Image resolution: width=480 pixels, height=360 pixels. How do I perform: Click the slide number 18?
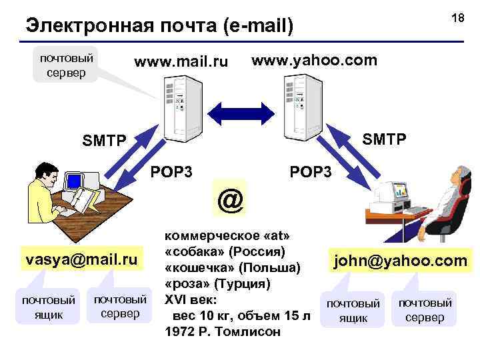[457, 19]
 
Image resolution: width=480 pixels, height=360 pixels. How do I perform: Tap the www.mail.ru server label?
[181, 63]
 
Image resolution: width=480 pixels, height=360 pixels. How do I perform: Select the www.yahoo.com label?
[314, 61]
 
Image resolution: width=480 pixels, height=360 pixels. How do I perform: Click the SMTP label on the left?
[103, 141]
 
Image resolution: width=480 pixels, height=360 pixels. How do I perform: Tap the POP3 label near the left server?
[172, 172]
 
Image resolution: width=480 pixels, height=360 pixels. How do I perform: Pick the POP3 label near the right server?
[311, 172]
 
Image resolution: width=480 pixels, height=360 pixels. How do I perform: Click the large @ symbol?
[230, 199]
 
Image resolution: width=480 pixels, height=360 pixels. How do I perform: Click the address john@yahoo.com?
[400, 260]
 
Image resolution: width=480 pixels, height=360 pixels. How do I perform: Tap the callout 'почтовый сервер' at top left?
[66, 64]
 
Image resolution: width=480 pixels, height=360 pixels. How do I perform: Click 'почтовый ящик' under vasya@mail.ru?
[49, 305]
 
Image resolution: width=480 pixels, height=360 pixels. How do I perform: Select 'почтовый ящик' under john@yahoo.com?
[353, 310]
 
